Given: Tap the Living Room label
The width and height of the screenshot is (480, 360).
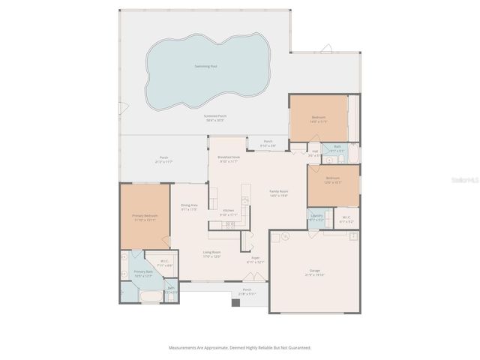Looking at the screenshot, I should point(211,253).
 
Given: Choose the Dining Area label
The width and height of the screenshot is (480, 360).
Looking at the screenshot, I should point(189,207).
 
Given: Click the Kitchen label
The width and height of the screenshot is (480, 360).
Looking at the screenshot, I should point(228,211).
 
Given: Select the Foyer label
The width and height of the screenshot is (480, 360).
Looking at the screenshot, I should point(256,259).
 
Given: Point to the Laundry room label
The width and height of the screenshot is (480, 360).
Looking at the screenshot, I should point(316,217).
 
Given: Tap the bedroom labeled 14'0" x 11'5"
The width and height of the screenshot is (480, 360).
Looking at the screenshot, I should point(319,118).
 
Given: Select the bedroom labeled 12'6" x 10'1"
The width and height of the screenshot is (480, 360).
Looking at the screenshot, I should point(333,180).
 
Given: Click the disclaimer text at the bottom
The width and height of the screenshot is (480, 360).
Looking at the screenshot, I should point(238,347).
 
